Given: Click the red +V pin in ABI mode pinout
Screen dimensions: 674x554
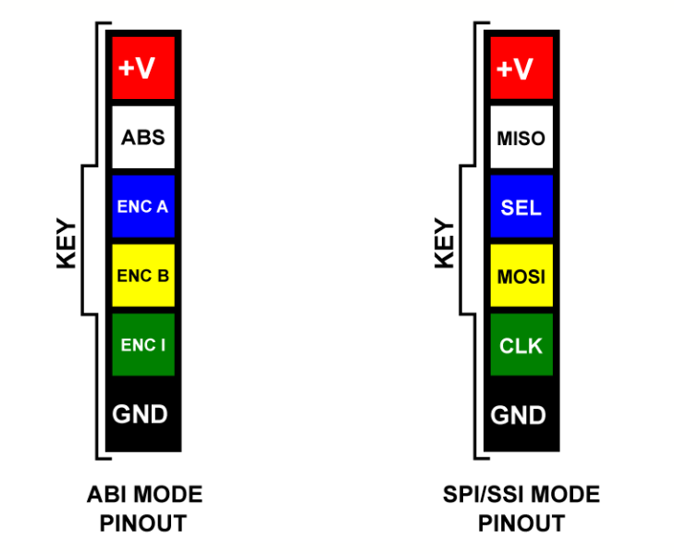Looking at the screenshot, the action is [143, 68].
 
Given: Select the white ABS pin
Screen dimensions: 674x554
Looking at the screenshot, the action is [143, 137].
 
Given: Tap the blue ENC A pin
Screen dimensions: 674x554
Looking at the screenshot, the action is [143, 206].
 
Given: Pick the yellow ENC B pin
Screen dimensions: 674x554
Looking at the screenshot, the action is [143, 276].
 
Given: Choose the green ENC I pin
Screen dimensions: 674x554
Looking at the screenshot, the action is [143, 345].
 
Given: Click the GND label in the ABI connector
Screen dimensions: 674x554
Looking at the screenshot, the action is [140, 414].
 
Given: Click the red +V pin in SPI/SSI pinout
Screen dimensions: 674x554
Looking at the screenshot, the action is [521, 68].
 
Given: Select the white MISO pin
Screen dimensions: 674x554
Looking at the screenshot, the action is [521, 137].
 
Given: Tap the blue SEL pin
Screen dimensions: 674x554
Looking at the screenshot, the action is [521, 206].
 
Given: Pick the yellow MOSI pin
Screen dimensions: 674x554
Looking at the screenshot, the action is [521, 276].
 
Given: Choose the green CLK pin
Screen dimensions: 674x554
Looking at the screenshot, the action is [521, 345].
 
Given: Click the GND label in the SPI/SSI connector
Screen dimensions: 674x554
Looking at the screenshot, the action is [518, 415].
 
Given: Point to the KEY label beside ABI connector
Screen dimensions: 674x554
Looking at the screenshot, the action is [67, 243].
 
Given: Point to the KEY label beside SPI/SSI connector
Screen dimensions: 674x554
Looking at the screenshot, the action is [445, 243].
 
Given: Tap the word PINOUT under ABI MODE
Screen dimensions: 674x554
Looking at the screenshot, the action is [143, 523].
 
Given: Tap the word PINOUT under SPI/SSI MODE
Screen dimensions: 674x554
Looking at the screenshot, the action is [521, 523].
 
